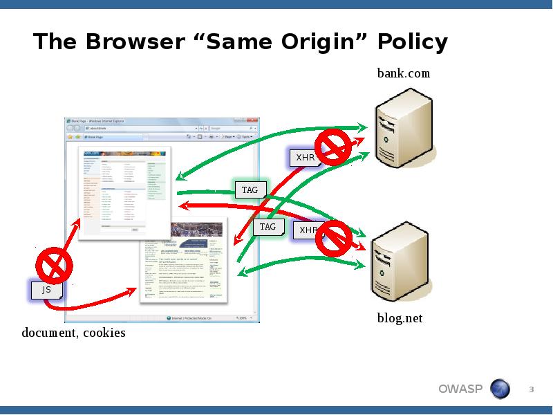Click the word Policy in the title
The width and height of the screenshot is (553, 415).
[x=413, y=43]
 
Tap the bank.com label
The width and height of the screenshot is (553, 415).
[x=403, y=73]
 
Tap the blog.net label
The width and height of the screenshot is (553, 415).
[x=399, y=318]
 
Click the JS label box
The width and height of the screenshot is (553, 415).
[x=46, y=290]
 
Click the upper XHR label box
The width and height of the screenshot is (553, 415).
[x=305, y=158]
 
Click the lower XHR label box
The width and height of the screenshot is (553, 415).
[x=308, y=230]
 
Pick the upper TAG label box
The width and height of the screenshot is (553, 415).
[x=250, y=190]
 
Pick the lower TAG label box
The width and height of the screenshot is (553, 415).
[x=268, y=227]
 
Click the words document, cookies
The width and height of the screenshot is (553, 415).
[x=74, y=333]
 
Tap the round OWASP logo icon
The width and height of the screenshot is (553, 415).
[x=500, y=389]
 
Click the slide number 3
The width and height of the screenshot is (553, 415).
[x=532, y=389]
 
